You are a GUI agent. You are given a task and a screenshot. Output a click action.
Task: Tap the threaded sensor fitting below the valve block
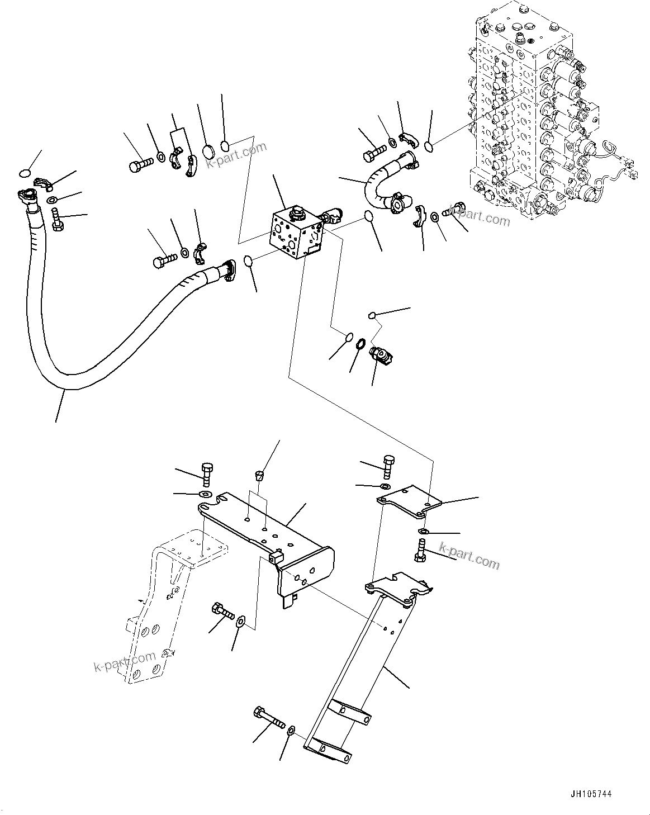click(x=382, y=355)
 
